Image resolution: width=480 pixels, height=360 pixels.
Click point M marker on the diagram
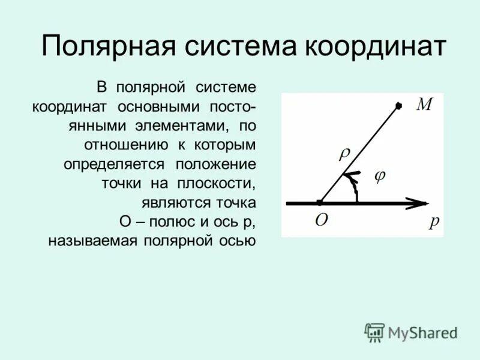coord(398,107)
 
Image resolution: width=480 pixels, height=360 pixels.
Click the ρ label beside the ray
coord(345,154)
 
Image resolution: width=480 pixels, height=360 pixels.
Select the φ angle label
coord(379,176)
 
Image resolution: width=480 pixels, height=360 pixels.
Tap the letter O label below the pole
coord(322,220)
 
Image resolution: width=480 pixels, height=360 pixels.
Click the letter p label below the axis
coord(434,221)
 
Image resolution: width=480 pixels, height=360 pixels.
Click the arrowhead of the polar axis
coord(417,203)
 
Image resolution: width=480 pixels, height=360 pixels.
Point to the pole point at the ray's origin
coord(320,203)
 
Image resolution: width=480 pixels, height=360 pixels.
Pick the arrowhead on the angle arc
coord(350,176)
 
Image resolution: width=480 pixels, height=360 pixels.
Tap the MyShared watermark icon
coord(375,332)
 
